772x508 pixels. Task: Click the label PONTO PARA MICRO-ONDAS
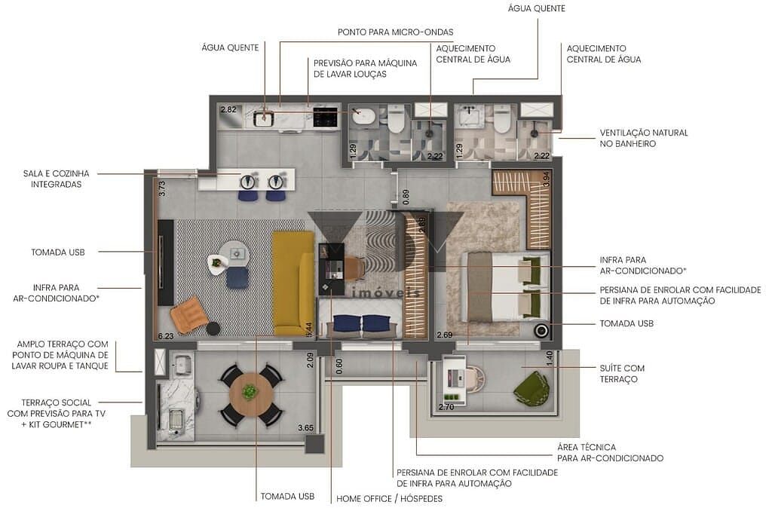394,32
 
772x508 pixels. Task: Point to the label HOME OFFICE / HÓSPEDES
389,498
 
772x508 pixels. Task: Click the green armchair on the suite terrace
532,388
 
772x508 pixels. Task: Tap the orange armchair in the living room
188,313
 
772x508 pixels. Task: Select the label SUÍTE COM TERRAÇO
622,373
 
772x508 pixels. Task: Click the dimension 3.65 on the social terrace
305,428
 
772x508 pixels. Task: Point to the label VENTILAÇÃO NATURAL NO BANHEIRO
643,138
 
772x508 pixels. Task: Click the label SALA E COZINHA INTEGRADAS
51,178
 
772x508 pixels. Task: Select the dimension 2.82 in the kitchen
228,110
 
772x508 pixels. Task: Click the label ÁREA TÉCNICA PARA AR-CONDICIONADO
610,452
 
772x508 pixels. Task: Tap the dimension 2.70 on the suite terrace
446,408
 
